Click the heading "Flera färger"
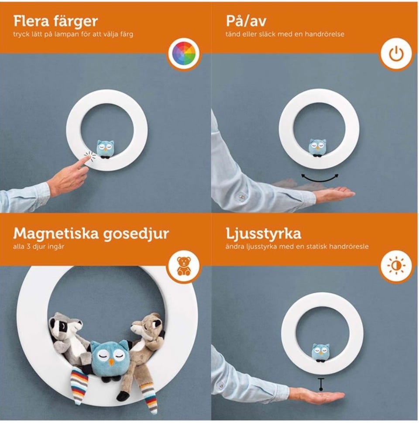(x=55, y=21)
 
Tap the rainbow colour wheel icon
(x=184, y=53)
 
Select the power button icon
(x=396, y=54)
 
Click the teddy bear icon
(x=184, y=266)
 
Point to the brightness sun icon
(x=396, y=265)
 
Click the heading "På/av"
(x=246, y=21)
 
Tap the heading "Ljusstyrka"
(x=263, y=234)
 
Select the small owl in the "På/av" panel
(x=317, y=148)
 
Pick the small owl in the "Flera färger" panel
(x=105, y=149)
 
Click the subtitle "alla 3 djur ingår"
(x=38, y=247)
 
